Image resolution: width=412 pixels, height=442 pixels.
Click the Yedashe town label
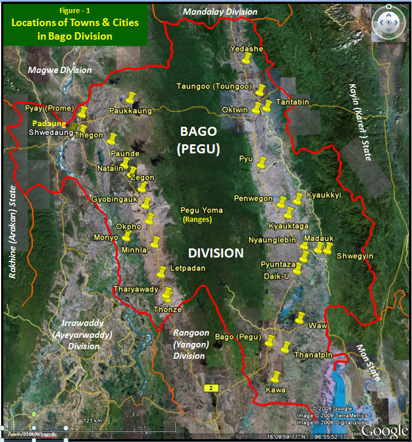point(247,49)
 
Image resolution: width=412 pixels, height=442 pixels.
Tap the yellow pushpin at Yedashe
point(246,59)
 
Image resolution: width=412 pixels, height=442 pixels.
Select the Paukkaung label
point(131,111)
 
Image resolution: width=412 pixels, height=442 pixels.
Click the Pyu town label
point(246,160)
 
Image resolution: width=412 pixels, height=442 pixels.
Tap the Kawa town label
point(276,390)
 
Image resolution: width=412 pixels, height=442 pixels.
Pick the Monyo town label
point(106,238)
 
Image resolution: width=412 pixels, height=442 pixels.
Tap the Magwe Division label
point(60,70)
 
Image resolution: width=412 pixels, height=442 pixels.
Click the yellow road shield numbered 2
point(211,388)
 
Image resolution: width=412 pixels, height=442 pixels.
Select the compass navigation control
point(388,23)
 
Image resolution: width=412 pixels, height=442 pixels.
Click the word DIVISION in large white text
point(216,253)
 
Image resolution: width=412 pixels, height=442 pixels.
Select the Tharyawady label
point(136,290)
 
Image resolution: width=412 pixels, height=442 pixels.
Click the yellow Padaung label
point(47,123)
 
